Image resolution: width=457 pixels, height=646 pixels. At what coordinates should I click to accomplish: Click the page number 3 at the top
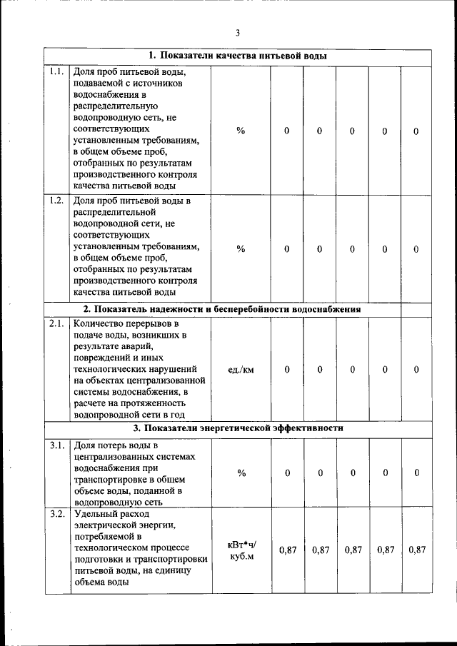[238, 32]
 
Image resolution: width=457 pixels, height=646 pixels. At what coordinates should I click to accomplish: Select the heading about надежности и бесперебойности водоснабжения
[222, 309]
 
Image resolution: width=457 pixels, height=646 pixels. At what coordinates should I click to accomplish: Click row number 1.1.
[56, 71]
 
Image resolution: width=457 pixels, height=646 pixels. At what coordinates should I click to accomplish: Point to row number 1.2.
[56, 200]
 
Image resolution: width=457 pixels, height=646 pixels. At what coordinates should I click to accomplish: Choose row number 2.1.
[56, 323]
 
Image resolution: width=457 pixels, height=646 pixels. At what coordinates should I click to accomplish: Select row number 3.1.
[56, 446]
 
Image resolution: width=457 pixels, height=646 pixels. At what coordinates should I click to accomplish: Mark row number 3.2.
[56, 513]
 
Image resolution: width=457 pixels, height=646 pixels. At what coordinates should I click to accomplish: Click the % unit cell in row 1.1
[241, 131]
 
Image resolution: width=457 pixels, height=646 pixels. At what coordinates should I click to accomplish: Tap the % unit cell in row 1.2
[241, 248]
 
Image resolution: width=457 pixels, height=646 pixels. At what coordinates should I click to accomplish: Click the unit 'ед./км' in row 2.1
[241, 370]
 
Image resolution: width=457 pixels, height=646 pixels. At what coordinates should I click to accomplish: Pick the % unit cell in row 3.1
[241, 473]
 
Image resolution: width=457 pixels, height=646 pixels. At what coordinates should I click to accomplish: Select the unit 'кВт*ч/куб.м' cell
[241, 550]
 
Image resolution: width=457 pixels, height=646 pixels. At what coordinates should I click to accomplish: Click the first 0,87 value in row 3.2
[287, 550]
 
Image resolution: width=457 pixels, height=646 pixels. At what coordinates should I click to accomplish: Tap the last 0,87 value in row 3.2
[416, 550]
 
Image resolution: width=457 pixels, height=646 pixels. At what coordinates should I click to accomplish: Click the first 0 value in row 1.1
[287, 131]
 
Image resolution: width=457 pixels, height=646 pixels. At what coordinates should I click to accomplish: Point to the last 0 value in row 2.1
[416, 370]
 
